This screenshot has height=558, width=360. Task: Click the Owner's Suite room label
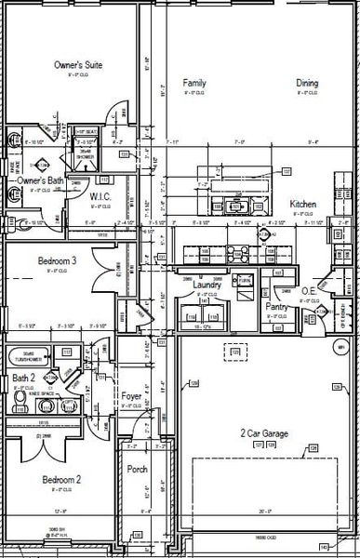[x=77, y=65]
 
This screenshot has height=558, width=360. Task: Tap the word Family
[x=194, y=83]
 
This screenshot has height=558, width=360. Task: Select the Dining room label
[x=307, y=83]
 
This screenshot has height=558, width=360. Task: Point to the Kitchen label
[x=303, y=204]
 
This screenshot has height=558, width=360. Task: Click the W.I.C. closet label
[x=100, y=196]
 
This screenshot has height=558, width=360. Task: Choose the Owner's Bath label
[x=40, y=179]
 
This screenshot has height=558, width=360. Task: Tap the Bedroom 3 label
[x=57, y=261]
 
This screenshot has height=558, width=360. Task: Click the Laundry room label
[x=207, y=285]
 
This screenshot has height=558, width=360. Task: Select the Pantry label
[x=276, y=305]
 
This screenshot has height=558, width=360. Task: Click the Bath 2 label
[x=24, y=378]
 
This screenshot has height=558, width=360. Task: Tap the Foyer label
[x=132, y=396]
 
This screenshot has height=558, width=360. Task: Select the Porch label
[x=137, y=469]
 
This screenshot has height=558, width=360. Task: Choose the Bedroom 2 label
[x=61, y=479]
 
